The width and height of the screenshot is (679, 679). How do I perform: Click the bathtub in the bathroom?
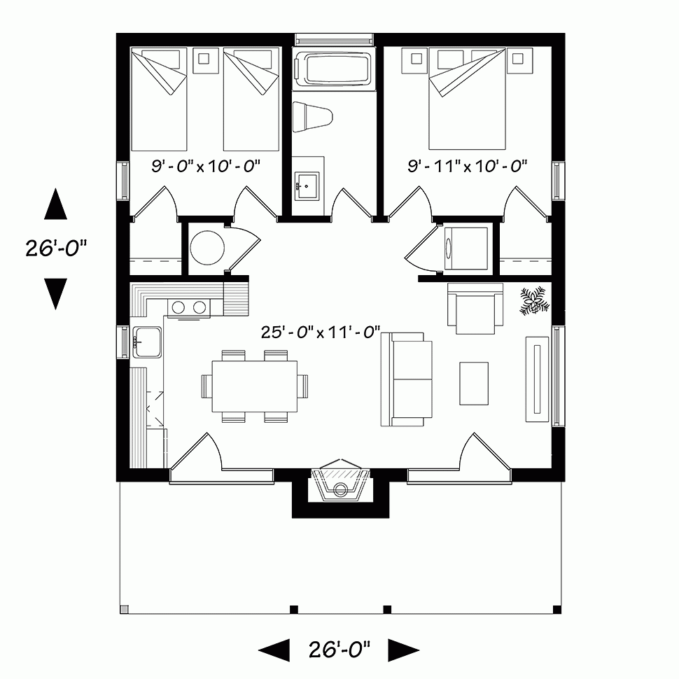click(x=333, y=71)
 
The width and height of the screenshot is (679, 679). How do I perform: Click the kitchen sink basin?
click(x=147, y=342)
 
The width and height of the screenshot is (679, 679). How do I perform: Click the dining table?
click(x=254, y=386)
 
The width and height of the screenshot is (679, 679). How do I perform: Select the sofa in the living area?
click(x=407, y=379)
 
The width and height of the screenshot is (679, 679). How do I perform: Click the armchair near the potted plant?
click(x=476, y=308)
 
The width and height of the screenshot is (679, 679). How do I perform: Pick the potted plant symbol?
click(x=536, y=300)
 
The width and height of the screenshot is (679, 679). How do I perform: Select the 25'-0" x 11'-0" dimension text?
click(x=320, y=332)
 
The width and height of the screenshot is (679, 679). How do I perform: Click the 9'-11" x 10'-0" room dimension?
click(x=467, y=166)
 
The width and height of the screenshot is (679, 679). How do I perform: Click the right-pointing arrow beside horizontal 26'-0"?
click(x=402, y=650)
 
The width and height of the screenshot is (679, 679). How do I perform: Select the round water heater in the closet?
click(x=209, y=248)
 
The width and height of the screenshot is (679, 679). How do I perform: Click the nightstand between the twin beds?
click(x=206, y=59)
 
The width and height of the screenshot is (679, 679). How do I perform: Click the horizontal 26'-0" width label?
click(x=339, y=650)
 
